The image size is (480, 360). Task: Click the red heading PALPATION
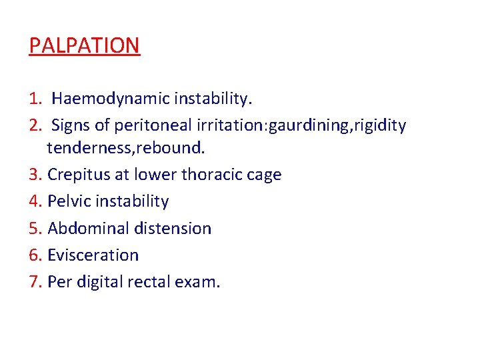(x=85, y=46)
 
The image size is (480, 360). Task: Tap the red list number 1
(x=35, y=99)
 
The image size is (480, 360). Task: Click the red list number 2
(x=35, y=125)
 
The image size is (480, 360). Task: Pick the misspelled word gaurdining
(x=303, y=126)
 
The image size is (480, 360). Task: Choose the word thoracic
(x=209, y=175)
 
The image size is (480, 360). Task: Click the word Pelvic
(x=66, y=201)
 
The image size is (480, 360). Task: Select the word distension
(x=173, y=228)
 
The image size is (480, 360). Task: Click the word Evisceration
(x=93, y=255)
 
